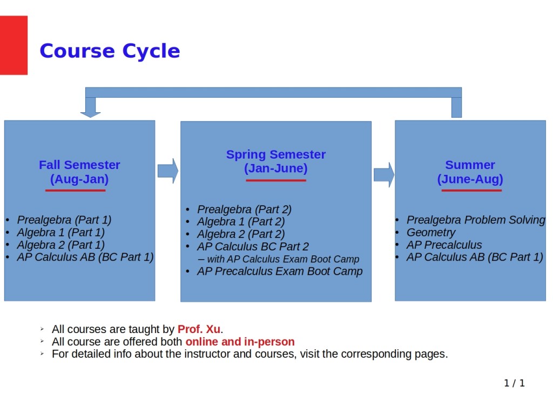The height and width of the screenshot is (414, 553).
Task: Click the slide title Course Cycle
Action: (110, 51)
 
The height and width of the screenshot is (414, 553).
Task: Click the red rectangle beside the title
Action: (14, 45)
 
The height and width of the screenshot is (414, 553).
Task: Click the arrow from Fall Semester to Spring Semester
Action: (167, 171)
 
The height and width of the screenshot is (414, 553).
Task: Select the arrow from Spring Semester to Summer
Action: (383, 174)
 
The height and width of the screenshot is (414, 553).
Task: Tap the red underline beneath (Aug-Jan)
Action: (75, 190)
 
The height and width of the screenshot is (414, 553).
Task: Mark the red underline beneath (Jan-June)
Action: (275, 180)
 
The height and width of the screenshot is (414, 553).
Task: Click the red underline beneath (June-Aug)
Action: (471, 190)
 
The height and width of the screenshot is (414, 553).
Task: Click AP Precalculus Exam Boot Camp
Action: (280, 272)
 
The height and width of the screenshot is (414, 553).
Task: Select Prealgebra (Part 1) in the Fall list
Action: (64, 220)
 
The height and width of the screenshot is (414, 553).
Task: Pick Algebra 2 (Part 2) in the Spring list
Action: (240, 234)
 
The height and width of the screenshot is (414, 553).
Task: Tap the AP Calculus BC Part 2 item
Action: (253, 247)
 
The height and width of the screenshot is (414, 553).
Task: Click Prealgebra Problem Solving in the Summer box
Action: (475, 220)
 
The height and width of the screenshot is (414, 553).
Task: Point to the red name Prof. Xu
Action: (199, 329)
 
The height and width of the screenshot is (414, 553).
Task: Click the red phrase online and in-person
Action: (240, 342)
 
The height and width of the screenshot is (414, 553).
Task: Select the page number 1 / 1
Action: (514, 383)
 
